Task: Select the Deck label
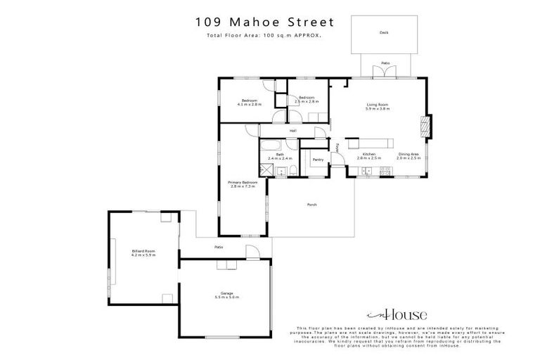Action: [384, 32]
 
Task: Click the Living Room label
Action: [378, 106]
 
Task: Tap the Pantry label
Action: [318, 160]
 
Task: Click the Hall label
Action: [292, 130]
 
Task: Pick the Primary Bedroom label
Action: [242, 184]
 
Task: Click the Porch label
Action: [311, 205]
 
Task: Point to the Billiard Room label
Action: [143, 252]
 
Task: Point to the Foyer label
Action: [337, 148]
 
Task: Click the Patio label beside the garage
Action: [219, 247]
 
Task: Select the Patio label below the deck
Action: [385, 63]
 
